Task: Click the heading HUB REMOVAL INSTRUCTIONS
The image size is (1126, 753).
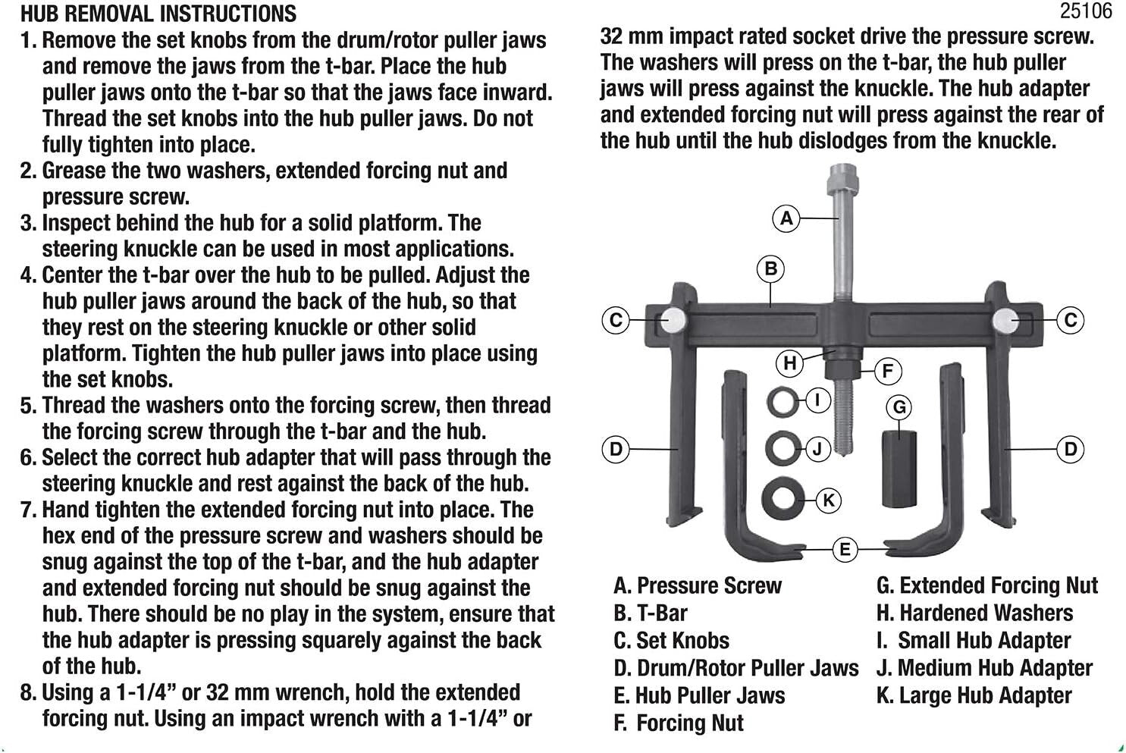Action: pyautogui.click(x=158, y=13)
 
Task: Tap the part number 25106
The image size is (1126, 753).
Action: pyautogui.click(x=1086, y=11)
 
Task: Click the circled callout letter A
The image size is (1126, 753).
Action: pyautogui.click(x=786, y=218)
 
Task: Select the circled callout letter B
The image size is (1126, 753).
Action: pyautogui.click(x=770, y=268)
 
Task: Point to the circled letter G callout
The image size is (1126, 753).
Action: pyautogui.click(x=899, y=407)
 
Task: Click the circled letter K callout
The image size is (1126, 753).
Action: pyautogui.click(x=828, y=500)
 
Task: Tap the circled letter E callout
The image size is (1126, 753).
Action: pyautogui.click(x=845, y=549)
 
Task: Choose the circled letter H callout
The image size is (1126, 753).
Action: pyautogui.click(x=790, y=363)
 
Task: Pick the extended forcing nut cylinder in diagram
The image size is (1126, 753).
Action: pyautogui.click(x=899, y=469)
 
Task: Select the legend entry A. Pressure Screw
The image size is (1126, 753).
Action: pyautogui.click(x=698, y=585)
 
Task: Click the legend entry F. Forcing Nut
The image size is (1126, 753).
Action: pyautogui.click(x=679, y=723)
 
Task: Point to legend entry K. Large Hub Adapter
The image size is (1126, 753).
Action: pyautogui.click(x=974, y=695)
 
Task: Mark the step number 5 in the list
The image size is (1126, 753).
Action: pyautogui.click(x=27, y=406)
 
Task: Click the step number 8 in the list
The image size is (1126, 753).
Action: pyautogui.click(x=27, y=693)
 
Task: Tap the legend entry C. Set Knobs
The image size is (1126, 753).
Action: pyautogui.click(x=671, y=641)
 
